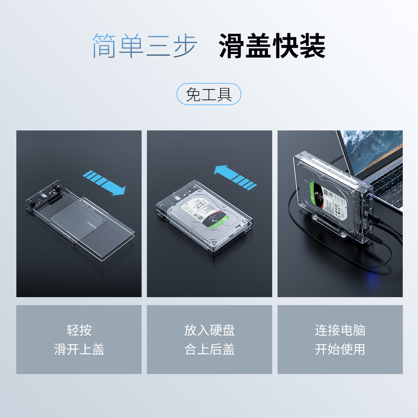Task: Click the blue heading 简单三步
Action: click(144, 46)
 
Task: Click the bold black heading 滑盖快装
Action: click(272, 46)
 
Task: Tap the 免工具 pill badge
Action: click(209, 94)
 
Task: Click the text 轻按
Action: click(79, 330)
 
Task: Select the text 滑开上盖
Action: click(79, 349)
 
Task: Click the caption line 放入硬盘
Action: click(209, 330)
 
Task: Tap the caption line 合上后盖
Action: click(209, 349)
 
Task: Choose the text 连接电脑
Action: click(340, 330)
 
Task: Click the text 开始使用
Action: click(340, 349)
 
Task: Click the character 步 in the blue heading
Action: click(185, 46)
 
